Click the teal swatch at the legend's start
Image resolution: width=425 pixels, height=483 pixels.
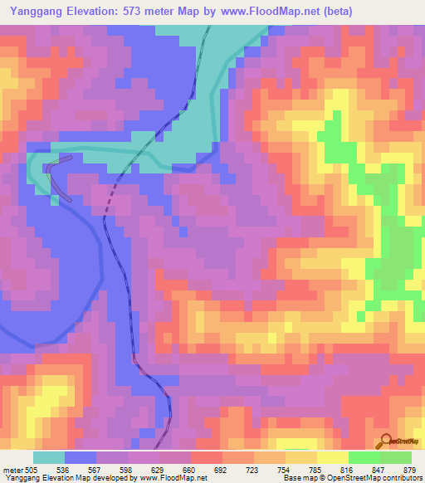(49, 457)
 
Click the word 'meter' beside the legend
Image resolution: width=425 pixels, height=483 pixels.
(12, 469)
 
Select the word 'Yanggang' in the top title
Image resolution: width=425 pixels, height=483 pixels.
(33, 12)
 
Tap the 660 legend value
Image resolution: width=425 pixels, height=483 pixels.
(191, 469)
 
